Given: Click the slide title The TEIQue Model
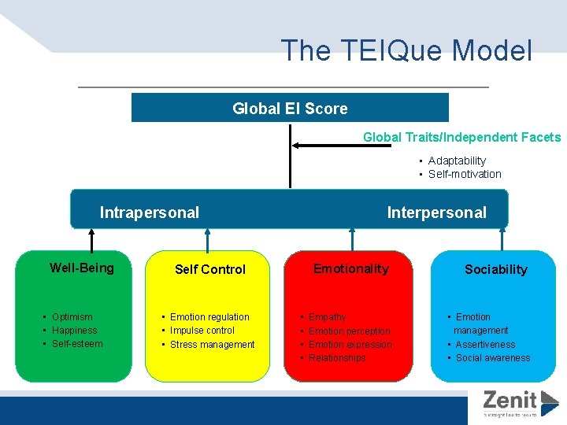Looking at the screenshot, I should (x=406, y=50).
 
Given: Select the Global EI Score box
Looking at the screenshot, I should (x=290, y=109).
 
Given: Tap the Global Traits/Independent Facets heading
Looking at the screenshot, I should (x=461, y=138).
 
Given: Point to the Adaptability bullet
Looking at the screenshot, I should (x=457, y=161).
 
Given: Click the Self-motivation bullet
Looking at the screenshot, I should (x=464, y=174).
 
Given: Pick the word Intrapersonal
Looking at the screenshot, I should (x=150, y=213).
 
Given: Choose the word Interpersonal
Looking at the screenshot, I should (x=436, y=213).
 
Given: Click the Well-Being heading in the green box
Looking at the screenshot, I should (x=82, y=268).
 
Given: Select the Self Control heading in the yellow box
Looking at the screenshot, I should (x=210, y=269).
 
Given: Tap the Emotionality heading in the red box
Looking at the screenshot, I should (x=350, y=269).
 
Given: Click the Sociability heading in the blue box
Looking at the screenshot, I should (x=495, y=269).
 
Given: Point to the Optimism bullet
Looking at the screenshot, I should (x=72, y=317).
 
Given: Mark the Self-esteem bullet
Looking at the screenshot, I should (x=77, y=344).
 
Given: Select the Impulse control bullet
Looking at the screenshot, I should (x=202, y=331).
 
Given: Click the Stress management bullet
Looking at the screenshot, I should (x=212, y=345).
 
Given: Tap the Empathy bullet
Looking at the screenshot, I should (x=327, y=317).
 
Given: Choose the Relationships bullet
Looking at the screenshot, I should (x=337, y=358).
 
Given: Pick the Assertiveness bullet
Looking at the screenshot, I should (x=485, y=345).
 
